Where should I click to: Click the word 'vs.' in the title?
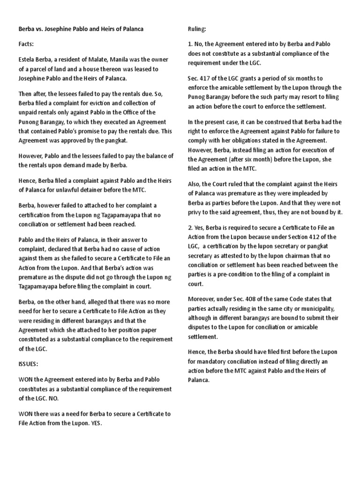[40, 29]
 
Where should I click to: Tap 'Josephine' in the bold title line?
[63, 29]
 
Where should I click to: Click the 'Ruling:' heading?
[196, 29]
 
